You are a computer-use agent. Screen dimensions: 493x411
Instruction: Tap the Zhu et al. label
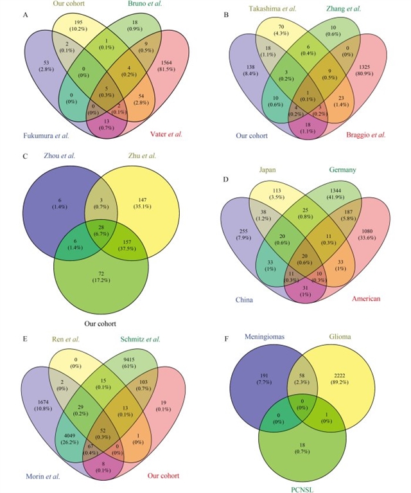(143, 156)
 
